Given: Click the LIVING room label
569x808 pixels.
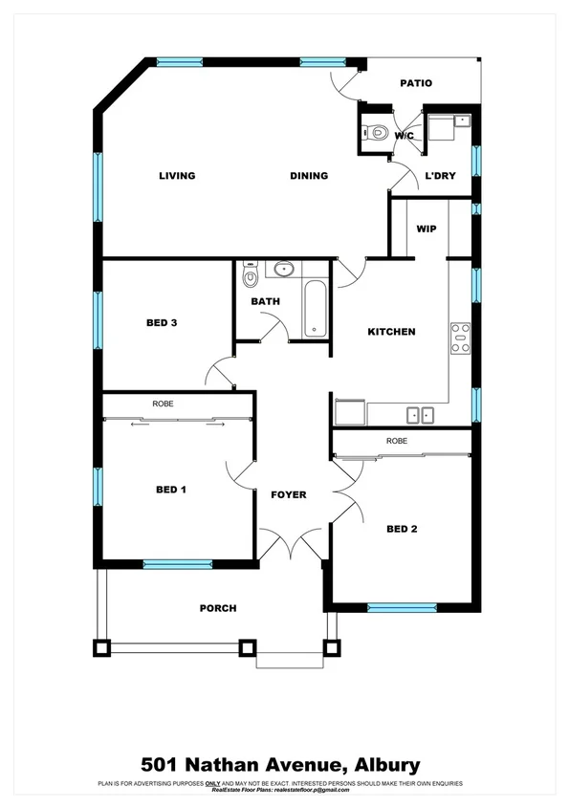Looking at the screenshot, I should click(x=177, y=176).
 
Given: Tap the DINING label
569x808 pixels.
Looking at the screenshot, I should click(x=309, y=176).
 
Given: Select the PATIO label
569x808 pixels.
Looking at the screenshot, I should click(x=416, y=83).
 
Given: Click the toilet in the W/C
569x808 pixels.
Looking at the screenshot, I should click(x=377, y=133).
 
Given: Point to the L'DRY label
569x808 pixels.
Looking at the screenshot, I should click(x=439, y=176).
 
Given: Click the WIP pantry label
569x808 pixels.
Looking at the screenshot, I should click(x=426, y=229).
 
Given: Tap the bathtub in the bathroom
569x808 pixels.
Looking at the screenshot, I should click(x=317, y=309).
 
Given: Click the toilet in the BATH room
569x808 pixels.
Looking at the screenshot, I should click(x=251, y=277).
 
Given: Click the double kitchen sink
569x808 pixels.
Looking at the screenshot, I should click(x=420, y=415).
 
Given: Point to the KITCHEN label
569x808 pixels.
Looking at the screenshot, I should click(x=392, y=332).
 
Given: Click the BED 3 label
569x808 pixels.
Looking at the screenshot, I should click(x=162, y=322).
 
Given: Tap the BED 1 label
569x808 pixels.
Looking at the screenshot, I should click(x=170, y=490).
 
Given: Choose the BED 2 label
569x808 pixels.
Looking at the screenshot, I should click(x=403, y=529).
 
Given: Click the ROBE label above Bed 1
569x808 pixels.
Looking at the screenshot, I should click(x=163, y=404).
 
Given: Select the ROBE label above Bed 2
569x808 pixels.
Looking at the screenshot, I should click(x=398, y=441).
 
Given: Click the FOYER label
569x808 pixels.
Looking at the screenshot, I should click(x=288, y=494).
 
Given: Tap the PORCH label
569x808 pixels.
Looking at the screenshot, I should click(x=217, y=608).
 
